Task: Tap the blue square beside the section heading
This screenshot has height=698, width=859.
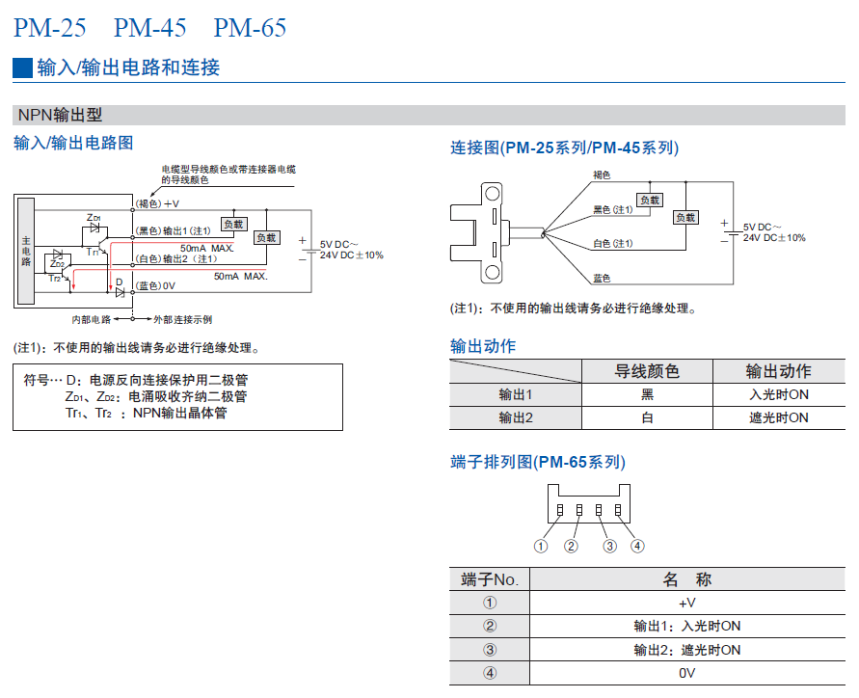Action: pos(22,67)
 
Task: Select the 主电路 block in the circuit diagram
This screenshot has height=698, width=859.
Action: pos(26,249)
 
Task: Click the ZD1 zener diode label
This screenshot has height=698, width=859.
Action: pos(94,217)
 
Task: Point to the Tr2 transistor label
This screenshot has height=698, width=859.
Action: pos(55,279)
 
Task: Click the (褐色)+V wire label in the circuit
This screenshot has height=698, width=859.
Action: pos(157,204)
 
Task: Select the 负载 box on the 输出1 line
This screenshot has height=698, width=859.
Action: pos(234,223)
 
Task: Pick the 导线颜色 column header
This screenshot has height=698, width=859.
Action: pos(647,371)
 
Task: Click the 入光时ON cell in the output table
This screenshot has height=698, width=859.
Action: pos(778,394)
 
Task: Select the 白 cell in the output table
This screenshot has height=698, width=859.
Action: pos(647,417)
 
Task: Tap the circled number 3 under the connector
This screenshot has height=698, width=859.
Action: pos(609,546)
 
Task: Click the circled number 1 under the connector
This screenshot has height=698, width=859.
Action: pos(541,546)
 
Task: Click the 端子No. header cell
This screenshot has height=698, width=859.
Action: pos(490,579)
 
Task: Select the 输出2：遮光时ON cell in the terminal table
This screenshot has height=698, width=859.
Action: pos(686,649)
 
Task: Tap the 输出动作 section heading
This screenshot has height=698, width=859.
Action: pos(483,346)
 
